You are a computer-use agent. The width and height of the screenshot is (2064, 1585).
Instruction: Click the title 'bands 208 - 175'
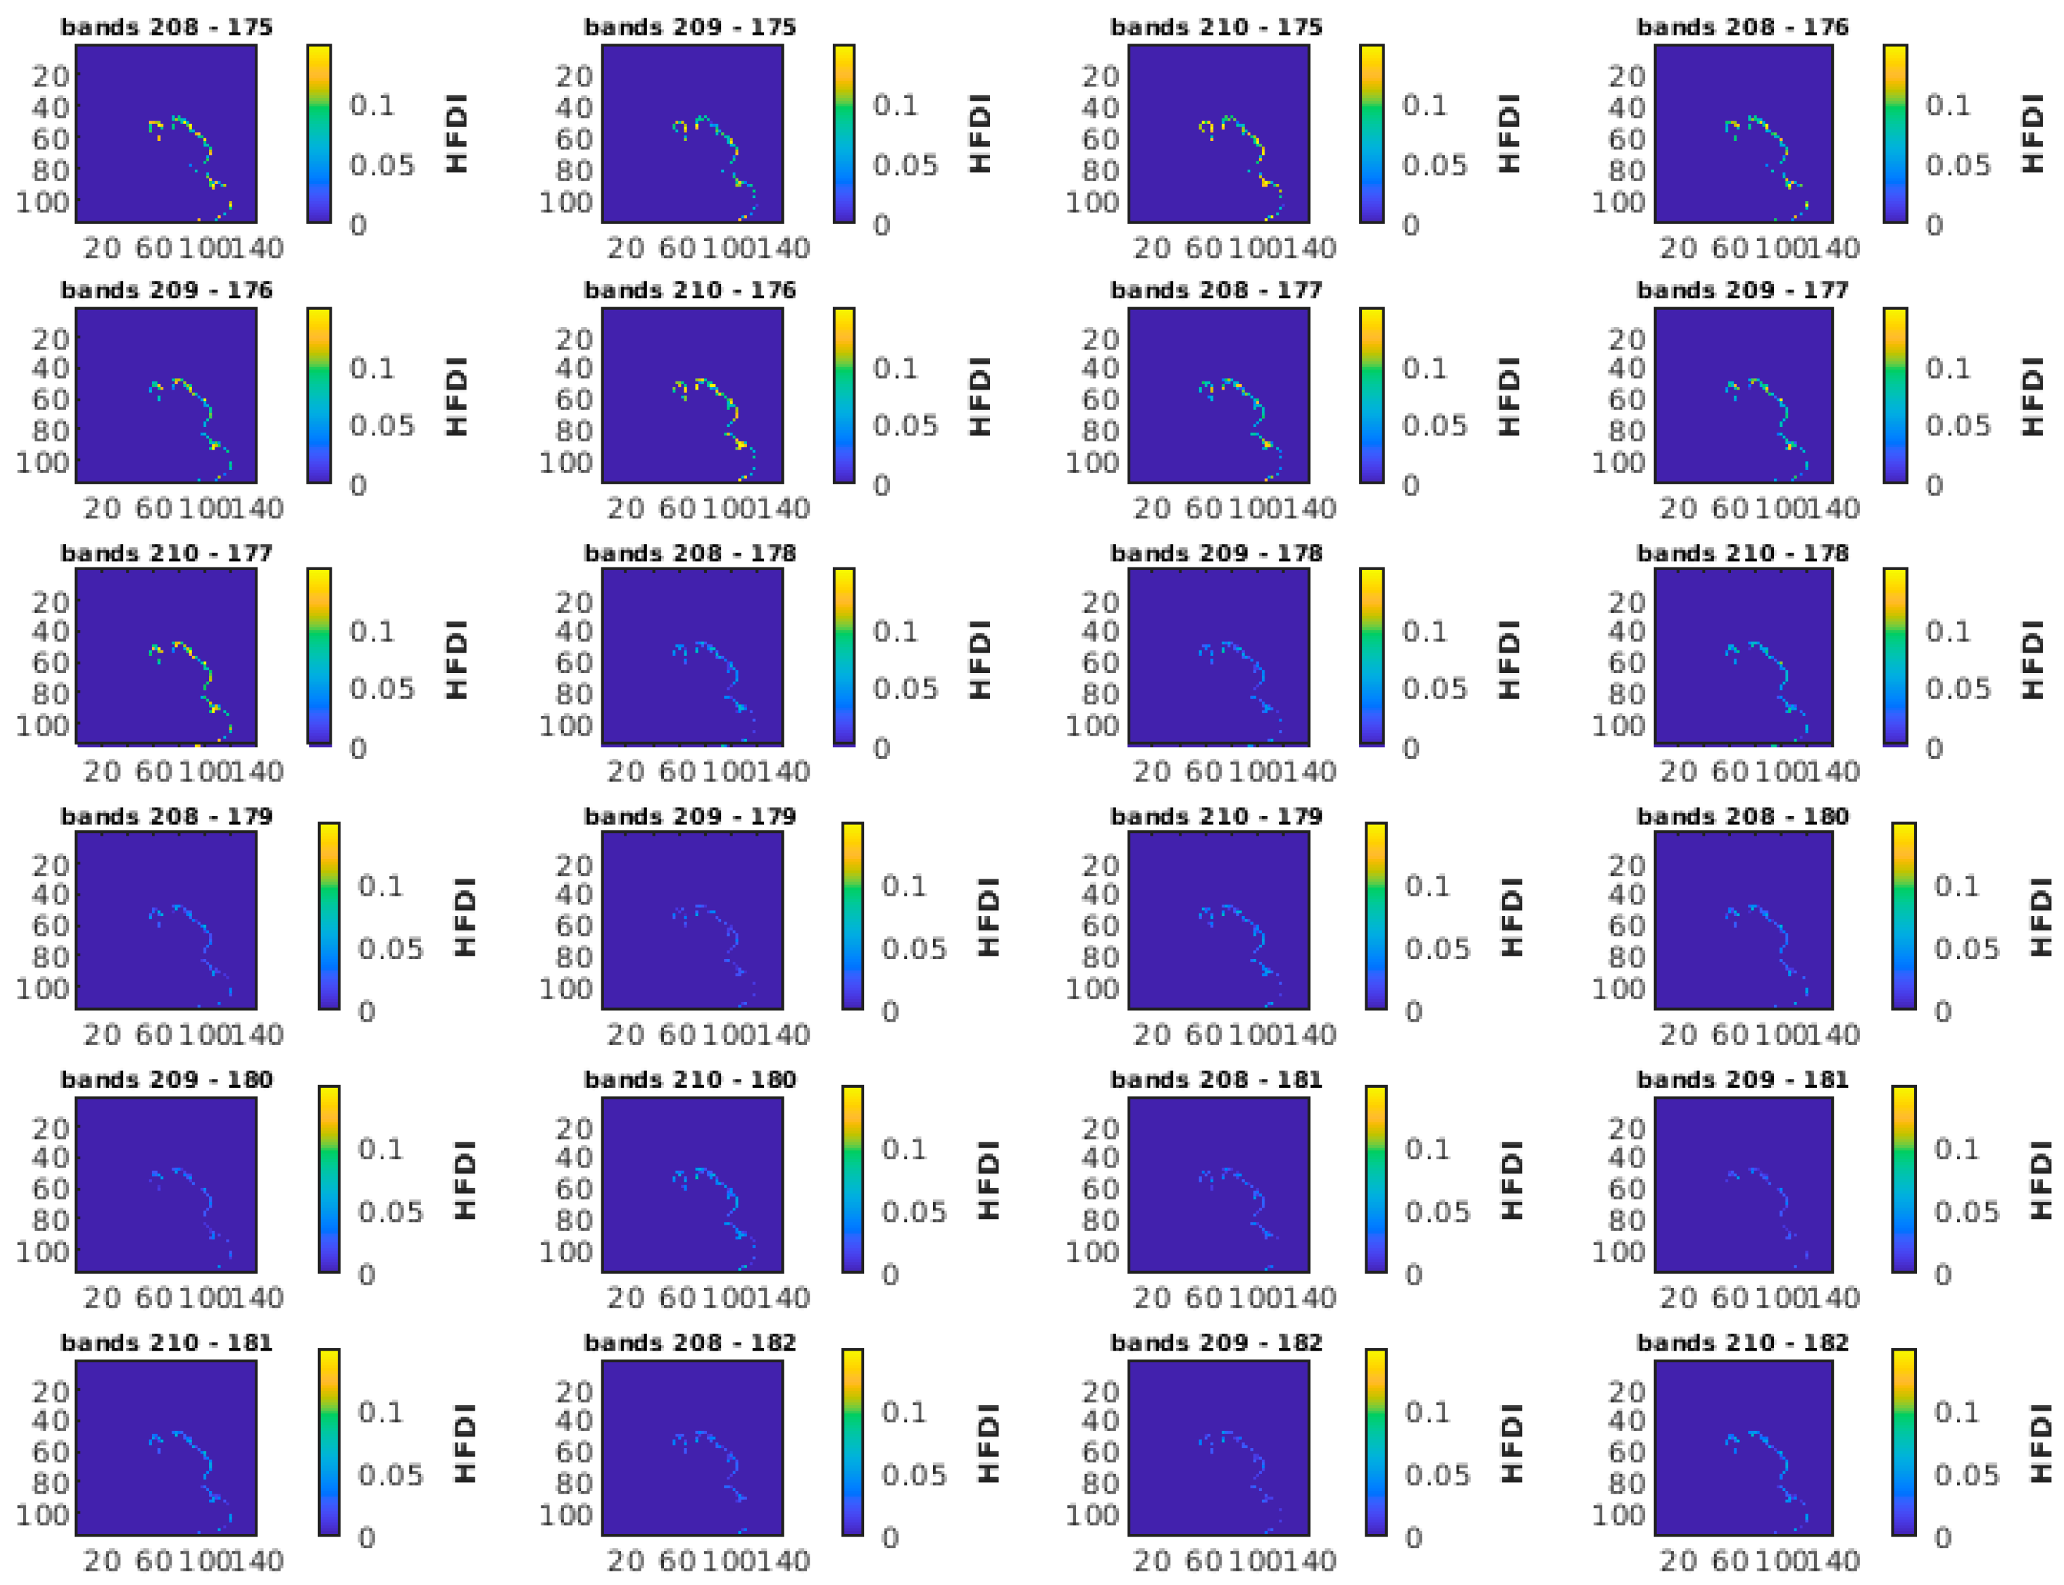tap(167, 27)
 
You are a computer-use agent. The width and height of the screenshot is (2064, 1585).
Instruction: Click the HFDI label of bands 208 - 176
tap(2032, 133)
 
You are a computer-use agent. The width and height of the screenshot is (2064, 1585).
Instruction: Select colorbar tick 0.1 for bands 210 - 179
tap(1427, 886)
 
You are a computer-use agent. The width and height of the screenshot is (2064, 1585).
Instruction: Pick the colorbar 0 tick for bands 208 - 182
tap(889, 1538)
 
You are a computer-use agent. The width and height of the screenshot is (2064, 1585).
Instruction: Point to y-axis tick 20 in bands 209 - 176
tap(50, 339)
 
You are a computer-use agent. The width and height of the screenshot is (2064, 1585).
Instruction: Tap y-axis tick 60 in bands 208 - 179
tap(50, 926)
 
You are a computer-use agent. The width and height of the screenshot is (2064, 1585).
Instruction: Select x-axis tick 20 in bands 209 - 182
tap(1151, 1560)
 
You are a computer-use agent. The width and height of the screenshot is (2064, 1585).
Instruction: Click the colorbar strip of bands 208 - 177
tap(1371, 395)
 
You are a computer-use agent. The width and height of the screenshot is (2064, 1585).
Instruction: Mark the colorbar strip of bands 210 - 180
tap(852, 1178)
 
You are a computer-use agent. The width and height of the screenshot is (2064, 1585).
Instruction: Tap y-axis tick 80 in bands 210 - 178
tap(1625, 693)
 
